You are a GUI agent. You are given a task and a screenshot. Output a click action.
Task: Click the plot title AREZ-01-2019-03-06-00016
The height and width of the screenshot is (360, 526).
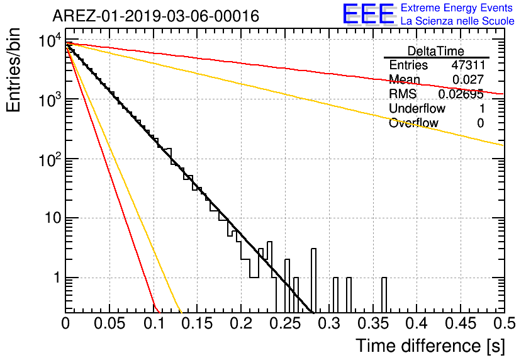[x=156, y=16]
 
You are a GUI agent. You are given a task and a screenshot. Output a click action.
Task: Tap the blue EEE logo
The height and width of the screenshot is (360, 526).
[x=369, y=14]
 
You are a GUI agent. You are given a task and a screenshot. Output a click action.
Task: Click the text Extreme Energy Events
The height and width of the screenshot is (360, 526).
[x=457, y=8]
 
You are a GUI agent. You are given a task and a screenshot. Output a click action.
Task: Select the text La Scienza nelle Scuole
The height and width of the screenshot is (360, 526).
[x=457, y=21]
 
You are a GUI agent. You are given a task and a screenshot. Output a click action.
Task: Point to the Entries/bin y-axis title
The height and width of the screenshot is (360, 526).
[x=13, y=70]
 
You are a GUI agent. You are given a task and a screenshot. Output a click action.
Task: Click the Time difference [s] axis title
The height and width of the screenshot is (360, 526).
[x=430, y=346]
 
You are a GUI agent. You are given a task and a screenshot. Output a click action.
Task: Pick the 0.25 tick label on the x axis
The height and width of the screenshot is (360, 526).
[x=285, y=323]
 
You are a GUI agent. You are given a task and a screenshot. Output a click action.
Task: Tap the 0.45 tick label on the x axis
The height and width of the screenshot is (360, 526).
[x=461, y=323]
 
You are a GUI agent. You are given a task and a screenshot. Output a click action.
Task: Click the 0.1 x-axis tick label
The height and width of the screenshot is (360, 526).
[x=154, y=323]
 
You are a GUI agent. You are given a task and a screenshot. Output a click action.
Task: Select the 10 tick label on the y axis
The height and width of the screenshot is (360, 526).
[x=52, y=218]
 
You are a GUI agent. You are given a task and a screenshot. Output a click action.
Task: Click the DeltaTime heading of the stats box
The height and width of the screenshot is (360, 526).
[x=436, y=51]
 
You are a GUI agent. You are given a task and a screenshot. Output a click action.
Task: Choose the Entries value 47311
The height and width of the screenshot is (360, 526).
[x=468, y=65]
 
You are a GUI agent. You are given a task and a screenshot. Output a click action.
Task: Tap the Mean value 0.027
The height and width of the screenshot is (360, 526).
[x=468, y=79]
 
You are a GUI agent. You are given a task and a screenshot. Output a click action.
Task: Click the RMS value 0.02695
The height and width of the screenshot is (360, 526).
[x=461, y=94]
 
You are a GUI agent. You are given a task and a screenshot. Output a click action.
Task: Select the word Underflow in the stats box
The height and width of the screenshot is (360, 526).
[x=417, y=108]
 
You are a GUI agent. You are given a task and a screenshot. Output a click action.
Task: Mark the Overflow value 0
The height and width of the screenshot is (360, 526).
[x=480, y=123]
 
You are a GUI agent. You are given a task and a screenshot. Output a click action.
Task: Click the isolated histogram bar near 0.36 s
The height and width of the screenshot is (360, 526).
[x=384, y=295]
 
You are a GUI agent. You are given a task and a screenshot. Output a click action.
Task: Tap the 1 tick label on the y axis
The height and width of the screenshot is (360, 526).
[x=57, y=278]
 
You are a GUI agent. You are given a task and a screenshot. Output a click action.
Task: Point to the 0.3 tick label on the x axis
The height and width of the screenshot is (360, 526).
[x=330, y=323]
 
